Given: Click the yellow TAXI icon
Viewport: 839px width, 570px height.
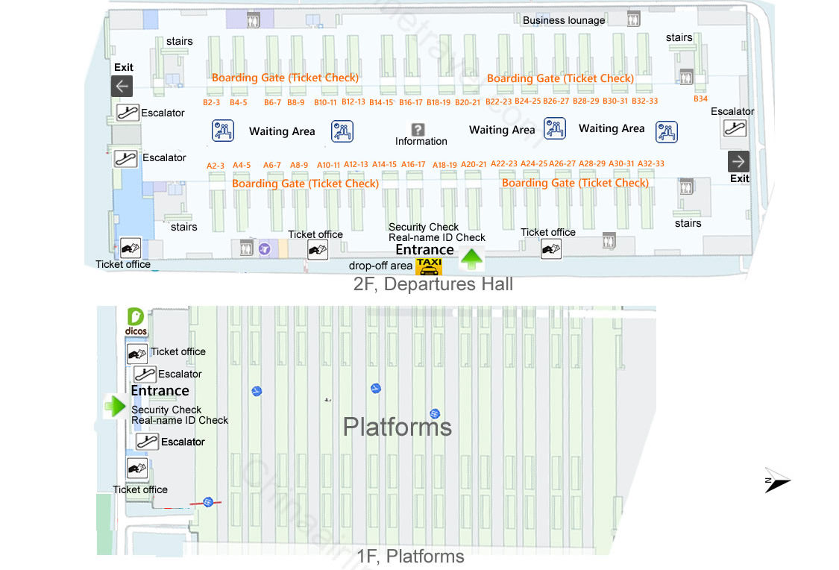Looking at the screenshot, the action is click(429, 266).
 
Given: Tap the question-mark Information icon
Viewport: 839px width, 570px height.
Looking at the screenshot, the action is click(418, 130).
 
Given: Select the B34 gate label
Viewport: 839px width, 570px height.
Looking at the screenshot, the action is click(700, 99).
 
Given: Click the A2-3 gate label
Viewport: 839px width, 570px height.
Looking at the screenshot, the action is click(215, 166).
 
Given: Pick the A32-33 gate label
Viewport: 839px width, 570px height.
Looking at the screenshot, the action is click(650, 164).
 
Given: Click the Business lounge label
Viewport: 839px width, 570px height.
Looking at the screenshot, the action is click(564, 20).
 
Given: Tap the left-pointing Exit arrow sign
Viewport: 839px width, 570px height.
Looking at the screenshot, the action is click(122, 86).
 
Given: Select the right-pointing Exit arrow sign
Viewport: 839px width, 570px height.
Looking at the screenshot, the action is click(738, 162).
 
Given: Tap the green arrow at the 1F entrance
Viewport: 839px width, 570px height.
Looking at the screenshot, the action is click(115, 406).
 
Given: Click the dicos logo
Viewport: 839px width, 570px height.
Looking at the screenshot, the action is click(136, 322).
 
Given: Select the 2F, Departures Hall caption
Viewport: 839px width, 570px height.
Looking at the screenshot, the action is click(433, 284).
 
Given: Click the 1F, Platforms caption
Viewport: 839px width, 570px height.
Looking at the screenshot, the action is click(410, 557).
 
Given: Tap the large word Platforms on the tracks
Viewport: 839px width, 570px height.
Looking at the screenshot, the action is click(397, 427).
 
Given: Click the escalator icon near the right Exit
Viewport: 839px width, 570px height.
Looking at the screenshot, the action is click(734, 128).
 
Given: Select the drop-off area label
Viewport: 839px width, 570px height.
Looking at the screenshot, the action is click(380, 266).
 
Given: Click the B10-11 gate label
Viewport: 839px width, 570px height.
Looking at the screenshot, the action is click(325, 103).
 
